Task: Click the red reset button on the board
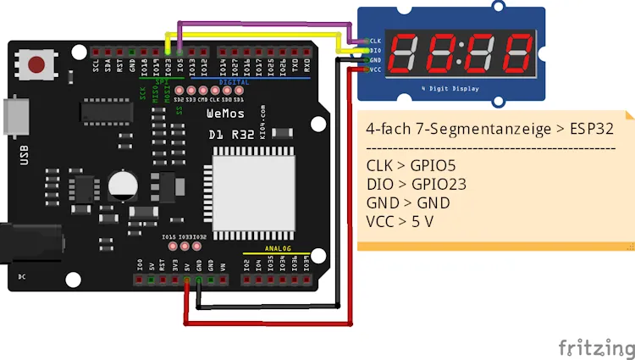[x=37, y=64]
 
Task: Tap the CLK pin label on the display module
[x=376, y=40]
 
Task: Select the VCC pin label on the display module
[x=376, y=70]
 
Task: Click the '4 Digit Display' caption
[x=450, y=88]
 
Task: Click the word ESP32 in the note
[x=590, y=130]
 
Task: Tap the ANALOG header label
[x=277, y=249]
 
